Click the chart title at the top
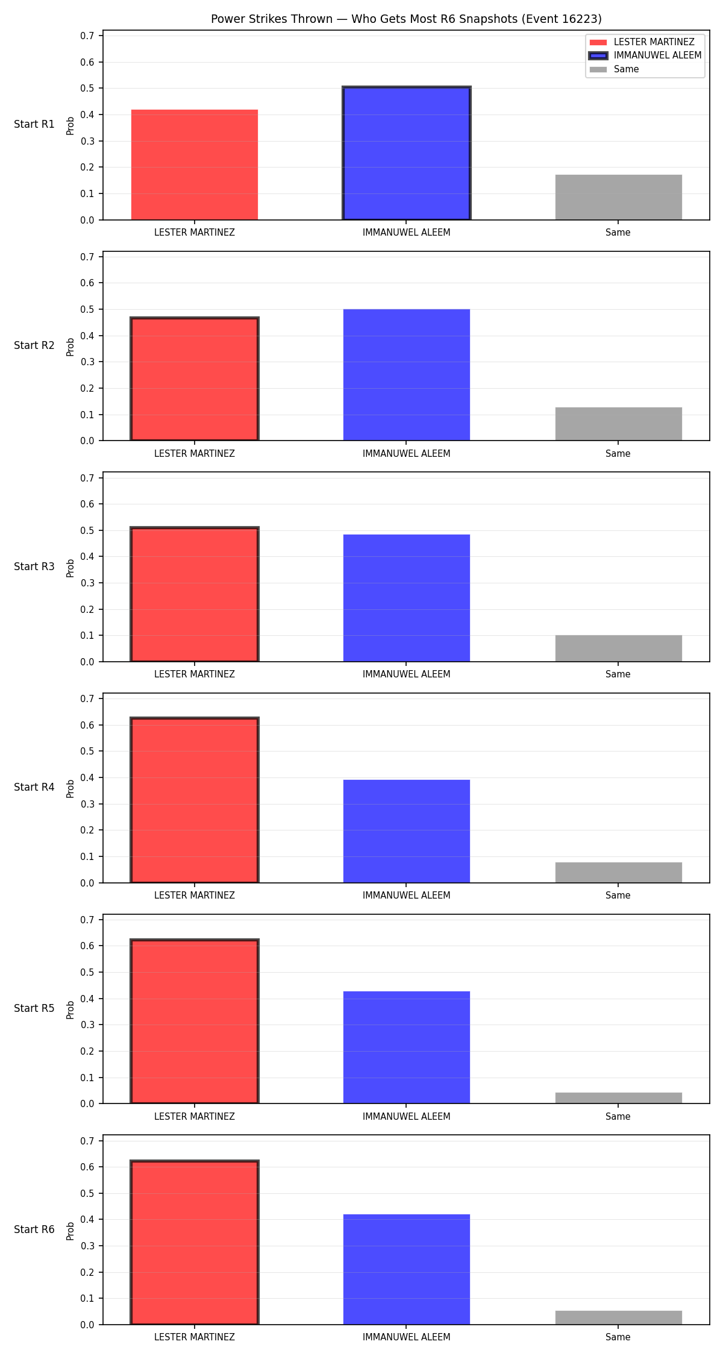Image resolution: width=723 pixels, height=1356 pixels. [x=406, y=19]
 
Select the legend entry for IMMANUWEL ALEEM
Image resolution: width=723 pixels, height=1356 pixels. [x=645, y=55]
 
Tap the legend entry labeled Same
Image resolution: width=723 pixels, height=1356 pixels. [x=614, y=69]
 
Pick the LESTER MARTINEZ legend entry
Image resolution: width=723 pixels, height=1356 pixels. [x=642, y=42]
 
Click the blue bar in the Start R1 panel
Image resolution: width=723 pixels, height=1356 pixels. [x=407, y=154]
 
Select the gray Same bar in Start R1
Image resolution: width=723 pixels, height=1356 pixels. [x=618, y=197]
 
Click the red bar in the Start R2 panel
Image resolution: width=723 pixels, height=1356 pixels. [x=195, y=379]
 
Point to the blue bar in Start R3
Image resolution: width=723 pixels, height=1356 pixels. [x=407, y=598]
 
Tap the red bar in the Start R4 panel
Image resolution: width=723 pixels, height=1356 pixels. [x=195, y=800]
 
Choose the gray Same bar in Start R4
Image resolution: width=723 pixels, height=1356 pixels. [x=618, y=873]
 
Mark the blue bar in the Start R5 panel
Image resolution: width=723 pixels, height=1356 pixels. [x=407, y=1047]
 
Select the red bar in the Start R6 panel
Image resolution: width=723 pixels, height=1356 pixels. [x=195, y=1243]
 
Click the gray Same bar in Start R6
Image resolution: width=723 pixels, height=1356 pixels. [x=618, y=1317]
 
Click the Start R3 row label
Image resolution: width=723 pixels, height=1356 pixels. [x=34, y=567]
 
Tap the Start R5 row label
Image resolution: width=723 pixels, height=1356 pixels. [x=34, y=1008]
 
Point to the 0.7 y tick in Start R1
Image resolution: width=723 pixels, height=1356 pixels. [x=87, y=36]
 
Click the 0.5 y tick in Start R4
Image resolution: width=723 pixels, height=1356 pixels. [x=87, y=752]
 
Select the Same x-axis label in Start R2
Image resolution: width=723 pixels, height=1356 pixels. [x=618, y=454]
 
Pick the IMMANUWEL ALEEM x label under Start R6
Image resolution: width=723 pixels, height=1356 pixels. [x=407, y=1337]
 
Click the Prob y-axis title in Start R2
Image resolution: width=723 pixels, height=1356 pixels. [x=70, y=347]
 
